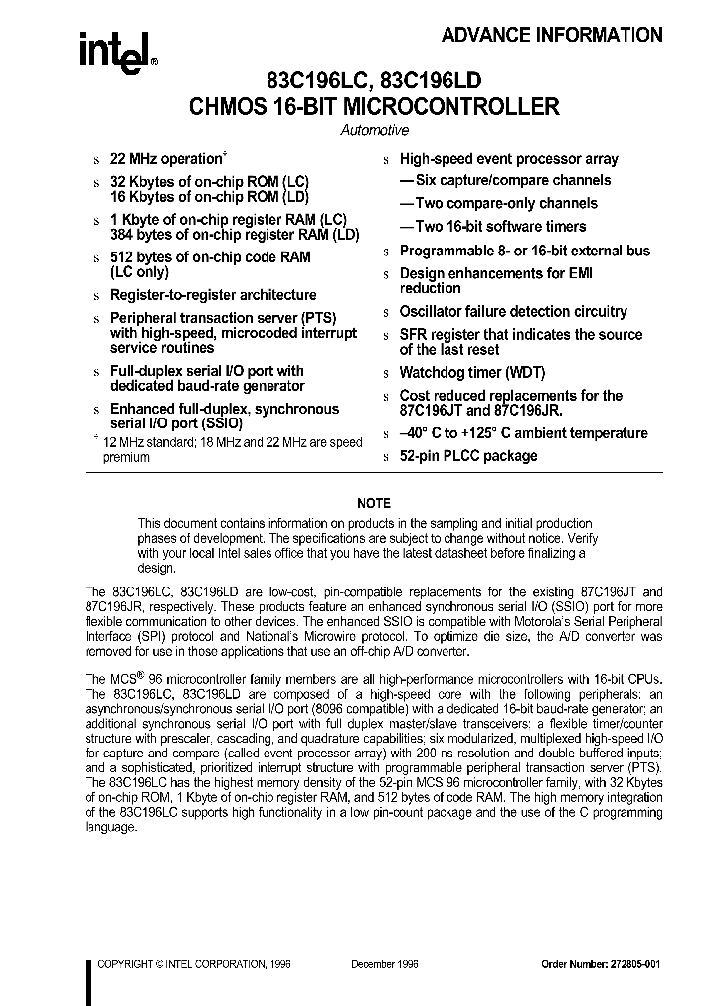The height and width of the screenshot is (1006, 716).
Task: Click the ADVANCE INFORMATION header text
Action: click(x=552, y=35)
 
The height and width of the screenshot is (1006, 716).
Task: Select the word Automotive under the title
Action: click(x=375, y=130)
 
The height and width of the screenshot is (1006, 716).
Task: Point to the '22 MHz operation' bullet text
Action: click(x=165, y=159)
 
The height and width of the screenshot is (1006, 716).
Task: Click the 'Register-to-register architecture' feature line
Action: click(x=213, y=295)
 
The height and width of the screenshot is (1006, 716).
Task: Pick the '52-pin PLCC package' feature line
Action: click(x=468, y=456)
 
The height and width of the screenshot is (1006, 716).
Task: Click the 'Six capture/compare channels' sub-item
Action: click(x=505, y=180)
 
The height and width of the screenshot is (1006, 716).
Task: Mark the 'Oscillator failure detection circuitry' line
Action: click(x=513, y=312)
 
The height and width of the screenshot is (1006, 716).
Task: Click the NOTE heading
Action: click(x=374, y=503)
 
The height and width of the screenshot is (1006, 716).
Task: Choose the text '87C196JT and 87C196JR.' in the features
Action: click(x=480, y=411)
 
